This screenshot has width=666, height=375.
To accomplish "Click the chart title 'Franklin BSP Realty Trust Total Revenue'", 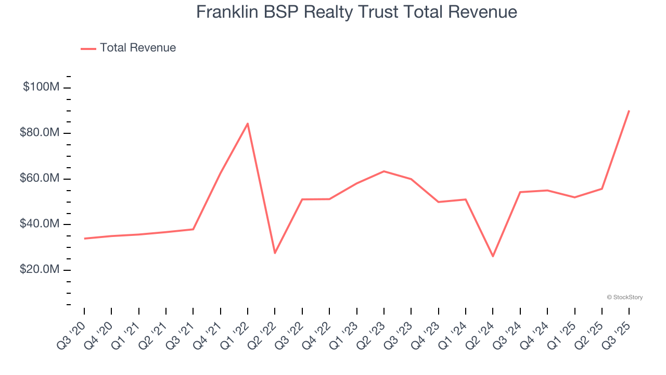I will pyautogui.click(x=356, y=12).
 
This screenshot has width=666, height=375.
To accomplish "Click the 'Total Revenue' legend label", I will pyautogui.click(x=138, y=48).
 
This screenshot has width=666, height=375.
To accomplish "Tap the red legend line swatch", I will pyautogui.click(x=88, y=48).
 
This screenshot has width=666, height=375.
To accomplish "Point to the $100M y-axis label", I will pyautogui.click(x=41, y=87).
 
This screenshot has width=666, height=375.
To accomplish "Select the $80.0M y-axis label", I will pyautogui.click(x=40, y=133).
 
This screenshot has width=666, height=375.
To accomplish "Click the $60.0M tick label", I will pyautogui.click(x=40, y=179).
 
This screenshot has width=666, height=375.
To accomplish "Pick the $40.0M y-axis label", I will pyautogui.click(x=40, y=224).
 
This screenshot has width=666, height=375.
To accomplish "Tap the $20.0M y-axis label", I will pyautogui.click(x=40, y=270).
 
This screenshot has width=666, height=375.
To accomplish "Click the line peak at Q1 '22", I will pyautogui.click(x=248, y=123).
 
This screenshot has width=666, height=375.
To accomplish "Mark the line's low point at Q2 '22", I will pyautogui.click(x=275, y=253).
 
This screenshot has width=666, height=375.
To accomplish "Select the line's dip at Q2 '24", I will pyautogui.click(x=493, y=256).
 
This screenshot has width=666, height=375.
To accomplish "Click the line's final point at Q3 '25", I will pyautogui.click(x=629, y=110).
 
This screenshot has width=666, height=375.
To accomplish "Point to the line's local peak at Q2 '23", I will pyautogui.click(x=384, y=171).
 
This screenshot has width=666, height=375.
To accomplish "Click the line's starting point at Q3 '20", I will pyautogui.click(x=84, y=239).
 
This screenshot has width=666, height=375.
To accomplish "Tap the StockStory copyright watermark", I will pyautogui.click(x=624, y=297).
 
